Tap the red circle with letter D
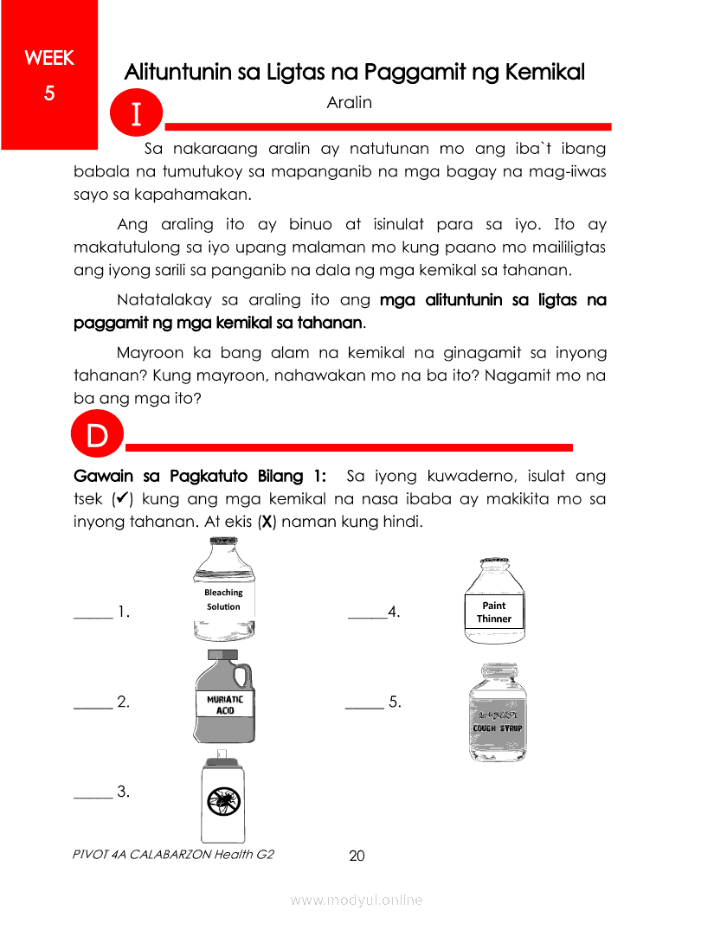97,437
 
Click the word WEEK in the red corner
49,59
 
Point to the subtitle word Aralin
350,103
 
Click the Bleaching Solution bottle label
223,600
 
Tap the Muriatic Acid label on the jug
225,703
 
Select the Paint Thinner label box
494,612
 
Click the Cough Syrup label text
497,728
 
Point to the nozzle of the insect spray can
222,754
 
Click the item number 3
123,791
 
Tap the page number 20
357,856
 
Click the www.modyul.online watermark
357,900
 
